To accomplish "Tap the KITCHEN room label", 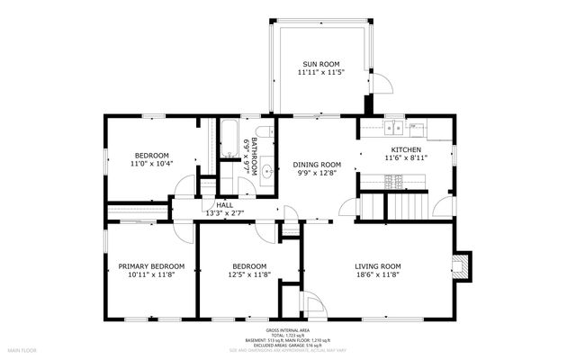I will (407, 148).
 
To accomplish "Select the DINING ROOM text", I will (317, 165).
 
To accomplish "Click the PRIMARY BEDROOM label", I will (151, 266).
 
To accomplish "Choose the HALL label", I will (224, 205).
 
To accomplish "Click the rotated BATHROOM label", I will (255, 155).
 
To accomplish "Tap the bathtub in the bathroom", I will (229, 140).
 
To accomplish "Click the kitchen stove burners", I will (393, 181).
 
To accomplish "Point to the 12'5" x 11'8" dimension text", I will (249, 276).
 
